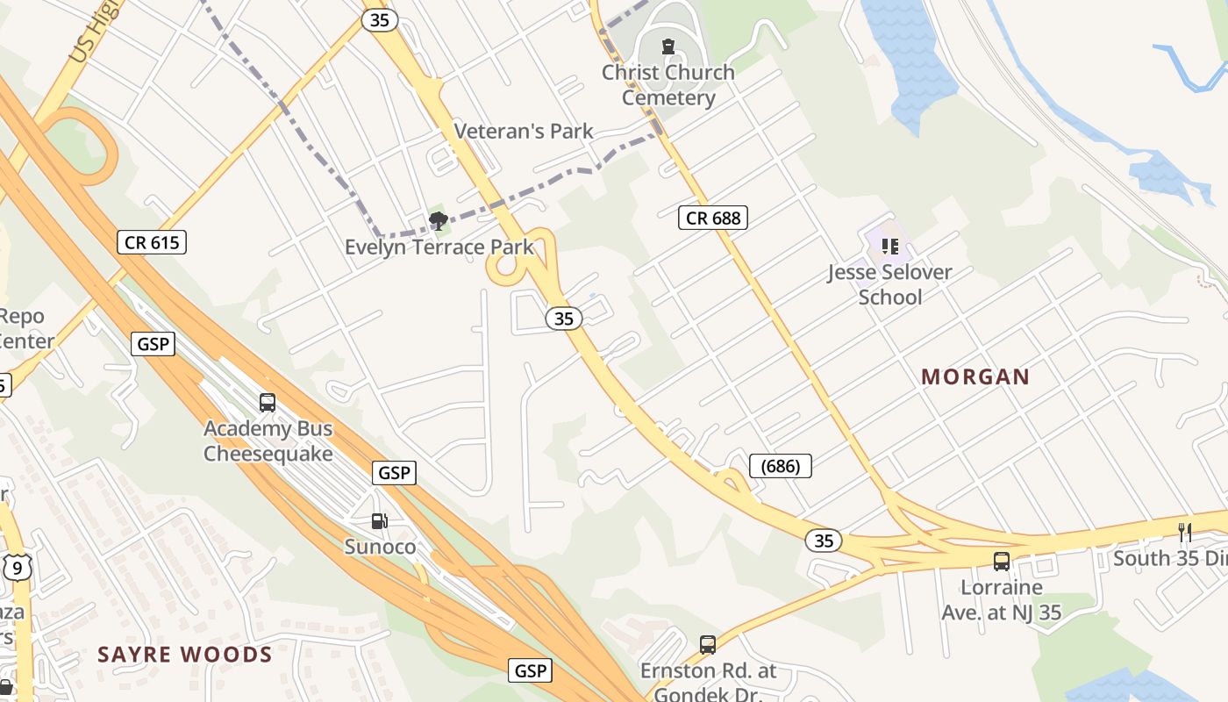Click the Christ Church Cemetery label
668,85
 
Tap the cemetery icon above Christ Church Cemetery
668,47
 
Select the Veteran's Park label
524,132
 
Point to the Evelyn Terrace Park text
439,247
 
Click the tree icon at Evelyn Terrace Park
438,220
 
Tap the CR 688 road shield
712,218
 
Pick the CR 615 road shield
152,242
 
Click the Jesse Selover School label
889,284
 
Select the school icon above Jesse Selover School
890,247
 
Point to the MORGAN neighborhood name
975,377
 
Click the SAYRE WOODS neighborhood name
185,655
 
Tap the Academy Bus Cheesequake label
268,441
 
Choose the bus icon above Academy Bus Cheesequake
268,403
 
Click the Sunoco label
380,547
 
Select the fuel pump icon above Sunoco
379,521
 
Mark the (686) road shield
781,466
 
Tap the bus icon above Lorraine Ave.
1001,562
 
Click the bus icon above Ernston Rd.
708,645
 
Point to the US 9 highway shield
17,569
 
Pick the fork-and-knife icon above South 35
1185,532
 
